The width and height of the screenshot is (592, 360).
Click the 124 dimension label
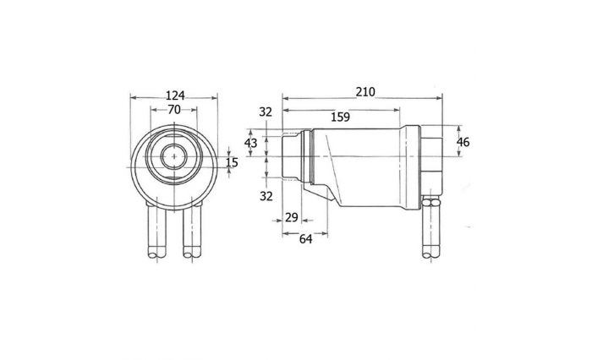(175, 95)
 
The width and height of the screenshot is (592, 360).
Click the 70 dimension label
(174, 109)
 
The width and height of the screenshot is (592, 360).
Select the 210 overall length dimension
(365, 92)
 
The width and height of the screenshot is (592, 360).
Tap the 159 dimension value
(341, 117)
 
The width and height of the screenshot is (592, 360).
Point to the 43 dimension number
(250, 143)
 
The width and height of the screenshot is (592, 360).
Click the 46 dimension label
(463, 142)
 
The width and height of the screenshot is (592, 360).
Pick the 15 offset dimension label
(233, 162)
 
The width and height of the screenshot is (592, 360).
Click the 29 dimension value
(292, 218)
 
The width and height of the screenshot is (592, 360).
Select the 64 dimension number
(306, 239)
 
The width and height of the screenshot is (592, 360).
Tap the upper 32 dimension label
(266, 112)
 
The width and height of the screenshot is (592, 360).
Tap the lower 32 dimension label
(266, 196)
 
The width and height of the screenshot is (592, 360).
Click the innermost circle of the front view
(174, 156)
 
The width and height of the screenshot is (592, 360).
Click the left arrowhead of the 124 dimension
(133, 98)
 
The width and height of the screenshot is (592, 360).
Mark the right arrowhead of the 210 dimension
(439, 99)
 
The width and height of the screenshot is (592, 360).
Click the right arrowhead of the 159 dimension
(397, 110)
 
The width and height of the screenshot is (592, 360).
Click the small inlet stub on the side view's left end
(292, 155)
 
